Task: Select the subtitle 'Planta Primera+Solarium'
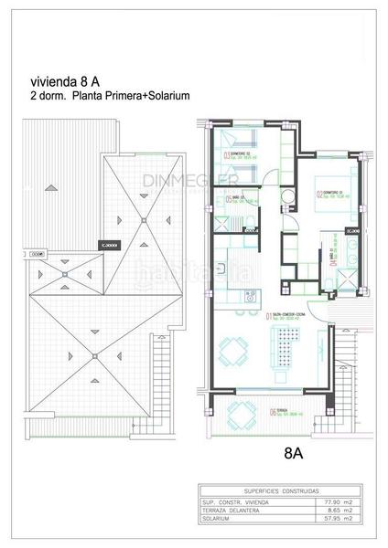pos(127,94)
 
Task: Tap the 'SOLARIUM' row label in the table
pos(221,519)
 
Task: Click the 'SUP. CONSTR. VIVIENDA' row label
pos(238,501)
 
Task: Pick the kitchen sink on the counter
pos(247,294)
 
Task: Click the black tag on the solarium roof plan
pos(111,244)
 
